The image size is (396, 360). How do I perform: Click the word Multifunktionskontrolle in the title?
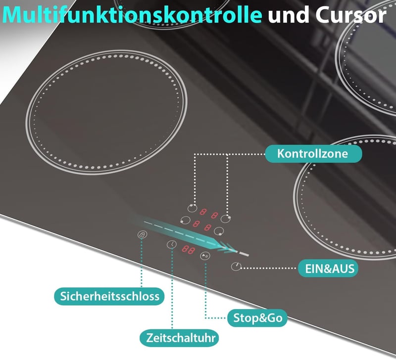point(132,15)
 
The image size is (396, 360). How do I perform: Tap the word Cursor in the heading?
point(351,15)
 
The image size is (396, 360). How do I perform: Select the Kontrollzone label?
point(313,154)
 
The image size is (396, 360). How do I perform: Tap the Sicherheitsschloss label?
point(109,296)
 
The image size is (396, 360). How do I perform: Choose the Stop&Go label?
point(257,318)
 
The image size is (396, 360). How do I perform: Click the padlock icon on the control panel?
point(142,234)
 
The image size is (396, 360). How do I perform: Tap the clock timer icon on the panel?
point(172,244)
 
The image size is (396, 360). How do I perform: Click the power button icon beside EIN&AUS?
point(236,267)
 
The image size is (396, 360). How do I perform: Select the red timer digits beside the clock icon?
point(189,250)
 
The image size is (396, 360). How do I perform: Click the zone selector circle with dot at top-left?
point(192,208)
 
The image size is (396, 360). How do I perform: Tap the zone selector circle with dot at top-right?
point(226,219)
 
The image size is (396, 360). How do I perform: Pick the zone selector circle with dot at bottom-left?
point(185,220)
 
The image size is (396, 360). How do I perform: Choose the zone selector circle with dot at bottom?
point(219,231)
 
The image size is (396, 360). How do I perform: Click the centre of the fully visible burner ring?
point(106,112)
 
